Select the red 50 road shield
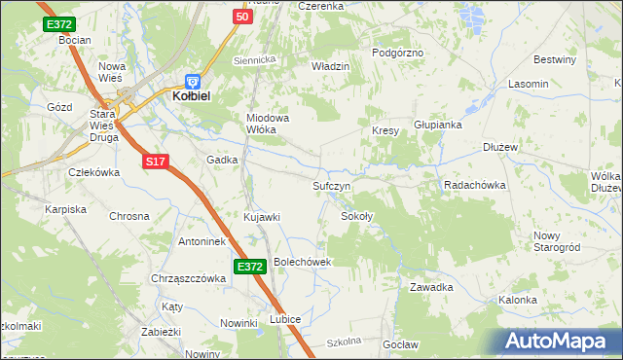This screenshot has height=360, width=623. tap(243, 17)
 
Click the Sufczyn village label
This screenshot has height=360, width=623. tap(332, 185)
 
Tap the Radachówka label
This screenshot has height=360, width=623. tap(474, 185)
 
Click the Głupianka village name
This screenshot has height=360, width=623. tap(436, 125)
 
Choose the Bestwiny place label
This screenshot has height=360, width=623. tap(556, 59)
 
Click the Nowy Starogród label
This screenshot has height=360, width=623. tap(557, 241)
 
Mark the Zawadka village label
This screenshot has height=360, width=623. tap(431, 287)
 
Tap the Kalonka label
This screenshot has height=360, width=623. tap(518, 300)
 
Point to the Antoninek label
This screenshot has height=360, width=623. tap(202, 241)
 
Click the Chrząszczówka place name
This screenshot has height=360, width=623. tap(189, 278)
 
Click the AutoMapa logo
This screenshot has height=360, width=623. tap(559, 341)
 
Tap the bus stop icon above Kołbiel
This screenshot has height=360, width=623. tap(193, 82)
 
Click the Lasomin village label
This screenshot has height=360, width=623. tap(529, 84)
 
